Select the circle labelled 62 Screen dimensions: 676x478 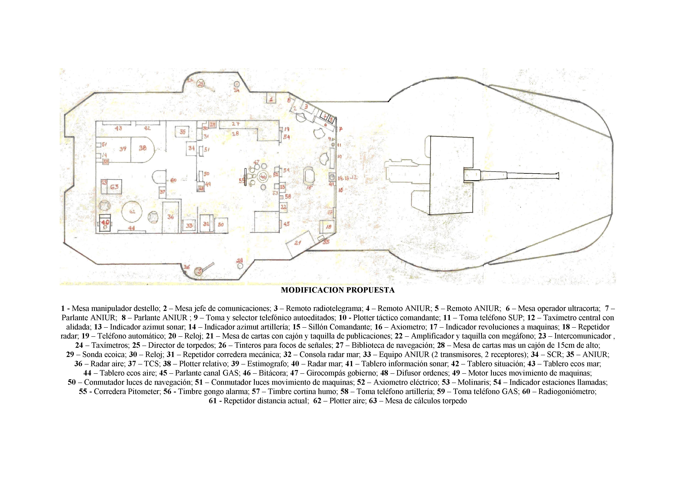pos(132,212)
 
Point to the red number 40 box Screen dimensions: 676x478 pos(105,223)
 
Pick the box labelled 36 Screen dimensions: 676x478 pos(171,217)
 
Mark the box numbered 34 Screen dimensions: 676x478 pos(191,148)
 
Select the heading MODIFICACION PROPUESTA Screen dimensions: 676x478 pos(338,290)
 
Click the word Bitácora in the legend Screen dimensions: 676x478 pos(273,373)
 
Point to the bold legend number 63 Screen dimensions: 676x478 pos(373,401)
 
